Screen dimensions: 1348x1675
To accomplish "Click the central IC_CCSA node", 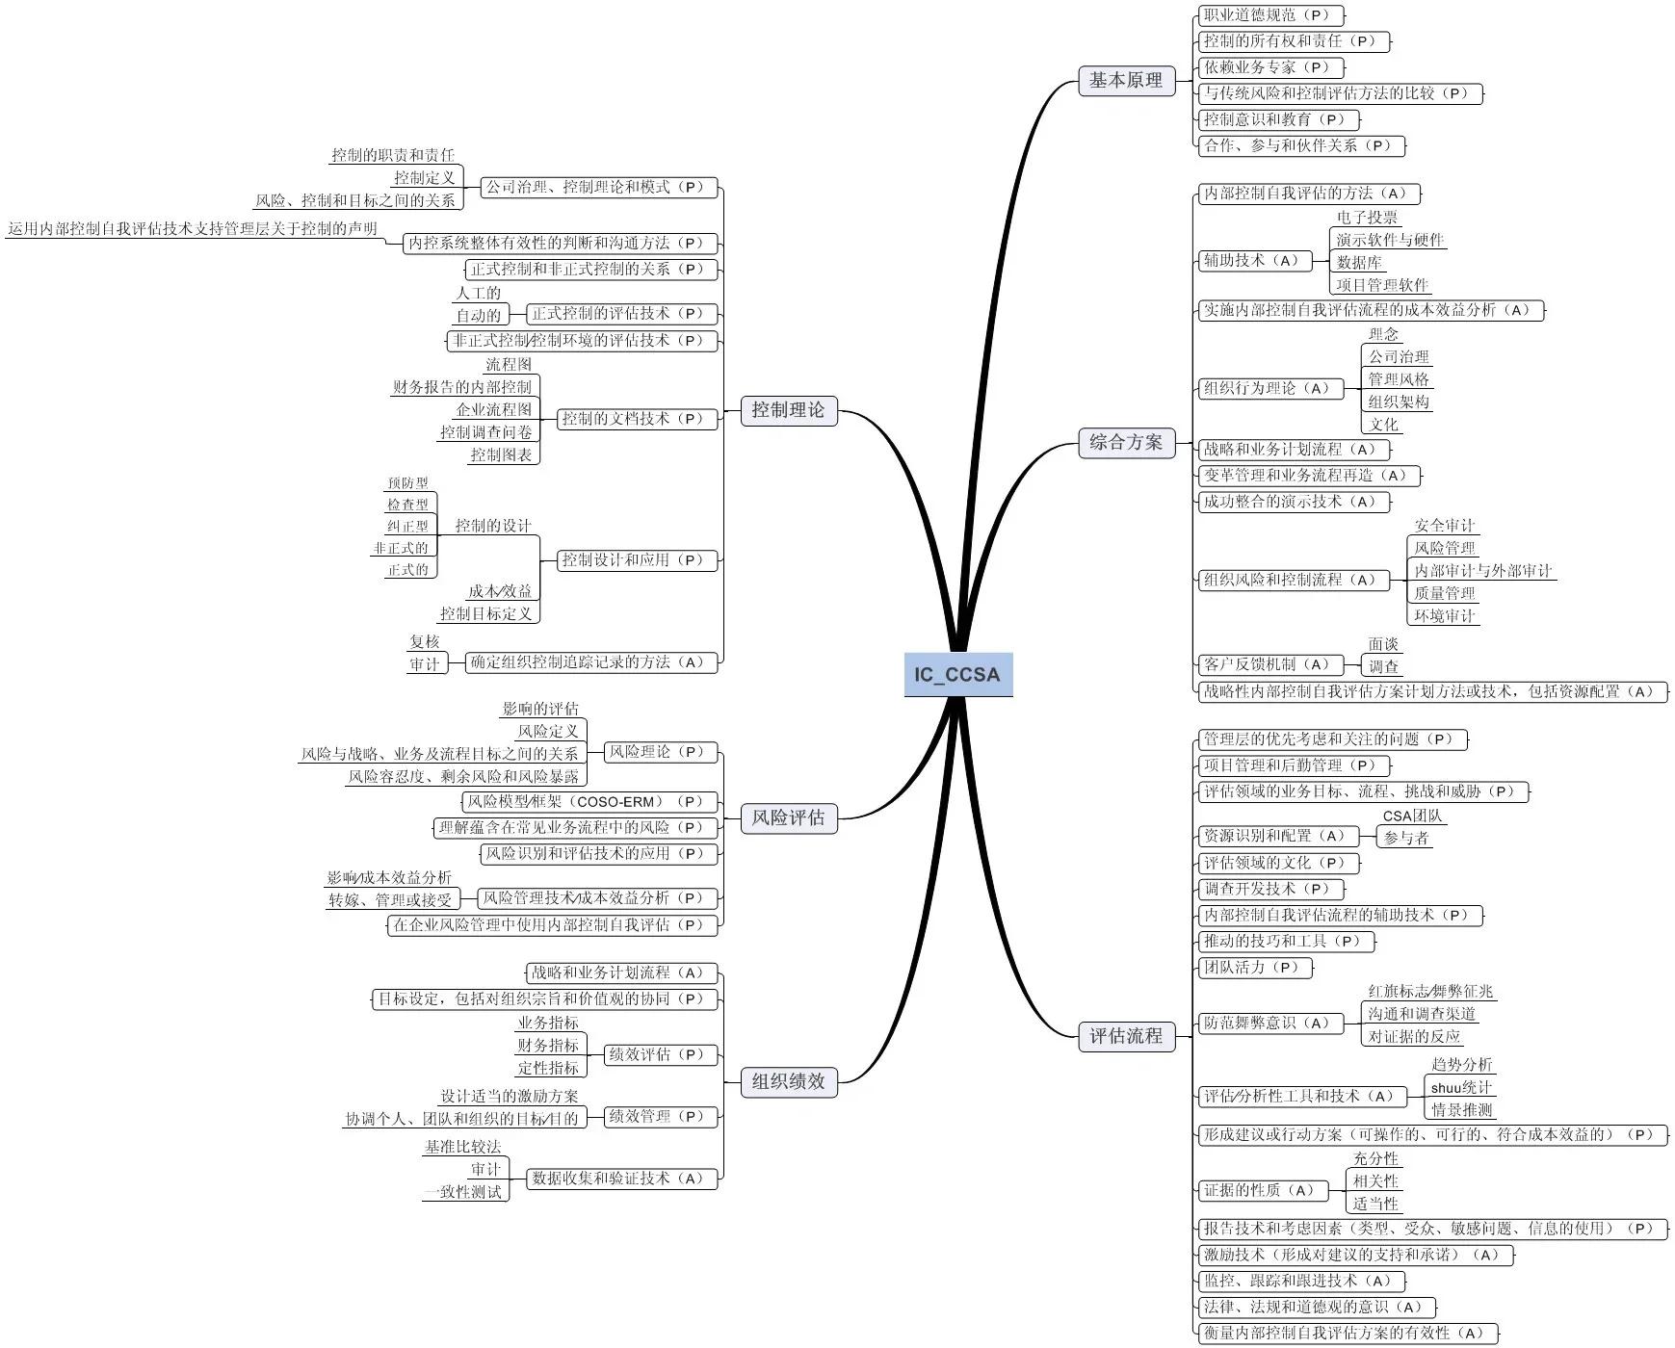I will pos(957,674).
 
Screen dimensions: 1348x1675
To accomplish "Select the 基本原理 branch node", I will pos(1125,81).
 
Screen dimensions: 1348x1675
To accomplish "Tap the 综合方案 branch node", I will pos(1125,443).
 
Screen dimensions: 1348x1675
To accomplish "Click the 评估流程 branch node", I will pos(1125,1037).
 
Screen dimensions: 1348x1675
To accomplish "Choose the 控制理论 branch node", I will pos(788,410).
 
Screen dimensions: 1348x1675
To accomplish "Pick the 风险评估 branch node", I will pos(788,818).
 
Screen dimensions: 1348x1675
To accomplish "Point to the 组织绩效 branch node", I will pos(788,1081).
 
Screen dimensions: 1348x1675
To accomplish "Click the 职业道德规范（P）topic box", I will pos(1269,15).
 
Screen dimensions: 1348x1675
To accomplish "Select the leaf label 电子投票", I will pos(1367,218).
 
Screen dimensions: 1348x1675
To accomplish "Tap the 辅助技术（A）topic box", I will pos(1254,260).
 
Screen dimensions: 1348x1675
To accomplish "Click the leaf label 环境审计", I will pos(1444,616).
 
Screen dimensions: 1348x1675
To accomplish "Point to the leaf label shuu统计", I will pos(1460,1087).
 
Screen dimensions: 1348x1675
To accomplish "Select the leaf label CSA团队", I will pos(1412,816).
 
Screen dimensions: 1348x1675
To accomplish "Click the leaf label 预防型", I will pos(407,483).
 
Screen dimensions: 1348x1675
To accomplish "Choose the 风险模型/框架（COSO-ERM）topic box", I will pos(589,802).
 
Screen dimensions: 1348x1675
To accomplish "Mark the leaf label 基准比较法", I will pos(462,1147).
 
